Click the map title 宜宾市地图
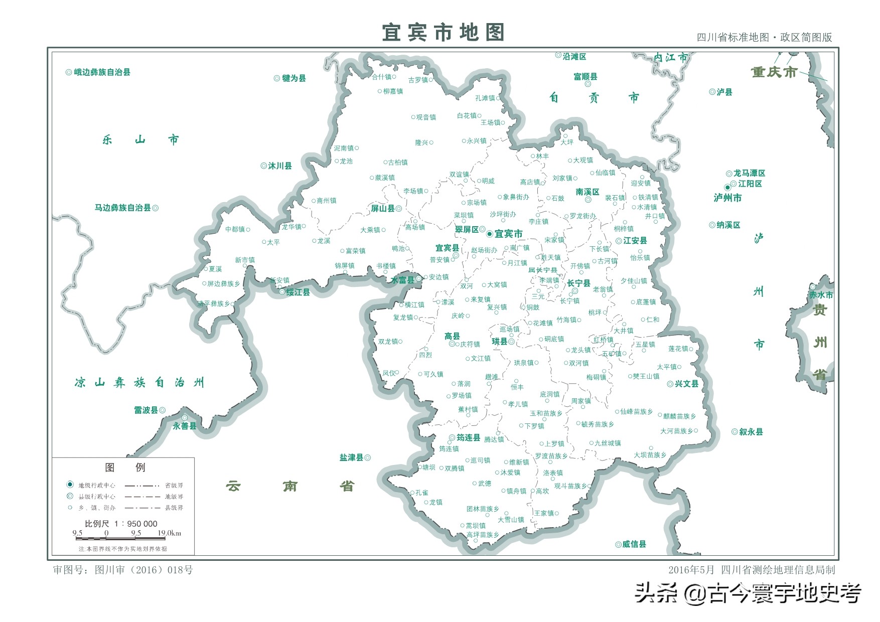(443, 33)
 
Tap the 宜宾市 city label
(508, 234)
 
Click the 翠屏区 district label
(467, 230)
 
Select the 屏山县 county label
(382, 209)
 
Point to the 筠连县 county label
(468, 438)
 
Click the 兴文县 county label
(686, 384)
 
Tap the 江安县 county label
(635, 241)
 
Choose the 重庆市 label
(774, 72)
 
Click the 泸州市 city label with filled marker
(727, 198)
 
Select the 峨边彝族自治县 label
(102, 72)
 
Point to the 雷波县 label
(145, 410)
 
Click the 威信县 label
(634, 544)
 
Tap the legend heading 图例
(125, 468)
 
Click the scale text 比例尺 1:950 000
(121, 524)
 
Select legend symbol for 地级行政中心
(70, 485)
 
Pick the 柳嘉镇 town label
(392, 91)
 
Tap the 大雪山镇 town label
(511, 520)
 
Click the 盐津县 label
(351, 457)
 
